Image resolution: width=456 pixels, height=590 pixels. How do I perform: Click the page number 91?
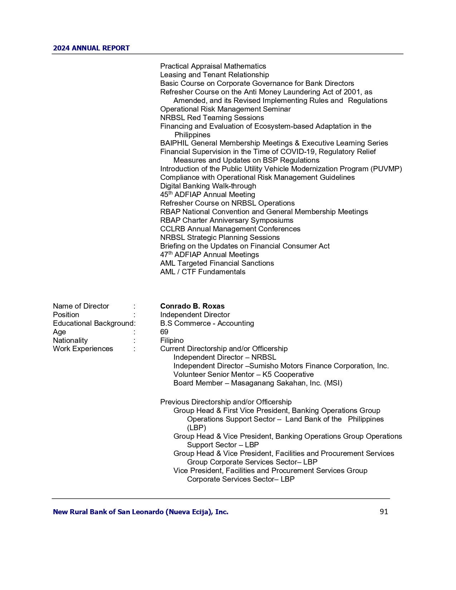tap(384, 512)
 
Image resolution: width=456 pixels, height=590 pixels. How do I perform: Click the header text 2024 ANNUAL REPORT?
tap(91, 48)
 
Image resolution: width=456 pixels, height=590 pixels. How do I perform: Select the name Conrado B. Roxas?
tap(192, 306)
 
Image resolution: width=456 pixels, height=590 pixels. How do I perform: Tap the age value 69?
tap(164, 332)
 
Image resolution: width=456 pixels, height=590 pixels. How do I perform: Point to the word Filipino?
tap(172, 340)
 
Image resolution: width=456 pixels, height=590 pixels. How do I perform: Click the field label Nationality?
tap(70, 340)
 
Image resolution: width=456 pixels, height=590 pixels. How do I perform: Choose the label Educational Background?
tap(93, 323)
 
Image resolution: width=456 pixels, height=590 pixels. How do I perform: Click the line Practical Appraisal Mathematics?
tap(213, 66)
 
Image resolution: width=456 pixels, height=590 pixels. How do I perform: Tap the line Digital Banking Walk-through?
tap(208, 186)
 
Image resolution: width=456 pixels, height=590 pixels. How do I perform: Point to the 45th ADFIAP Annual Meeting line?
tap(207, 195)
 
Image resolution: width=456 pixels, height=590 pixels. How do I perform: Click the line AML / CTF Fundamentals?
tap(202, 272)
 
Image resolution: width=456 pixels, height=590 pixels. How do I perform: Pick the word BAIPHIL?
tap(174, 143)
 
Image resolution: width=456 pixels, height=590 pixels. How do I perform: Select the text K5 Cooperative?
tap(288, 374)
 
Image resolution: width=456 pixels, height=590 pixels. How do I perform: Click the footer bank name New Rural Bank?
tap(140, 512)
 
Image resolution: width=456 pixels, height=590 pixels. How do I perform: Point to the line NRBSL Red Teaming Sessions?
tap(212, 118)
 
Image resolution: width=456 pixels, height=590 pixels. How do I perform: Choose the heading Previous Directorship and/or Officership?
tap(226, 402)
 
